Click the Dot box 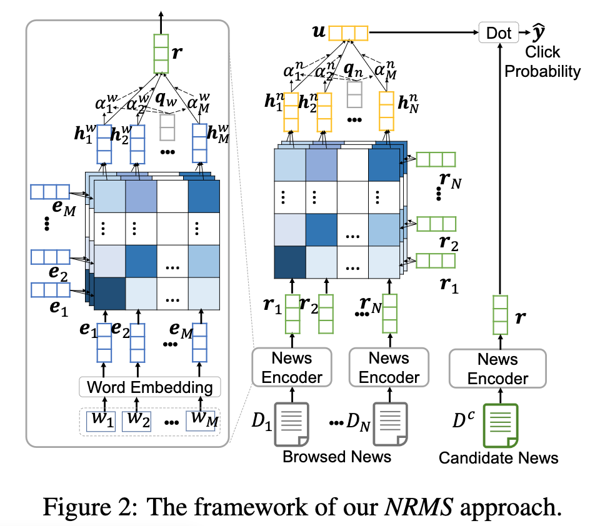(x=498, y=32)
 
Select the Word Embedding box (x=149, y=386)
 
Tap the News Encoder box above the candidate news (x=498, y=369)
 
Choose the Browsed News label (x=337, y=457)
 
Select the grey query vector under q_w (x=167, y=127)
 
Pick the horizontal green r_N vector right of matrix (x=436, y=159)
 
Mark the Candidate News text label (x=498, y=458)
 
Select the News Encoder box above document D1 (x=292, y=368)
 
